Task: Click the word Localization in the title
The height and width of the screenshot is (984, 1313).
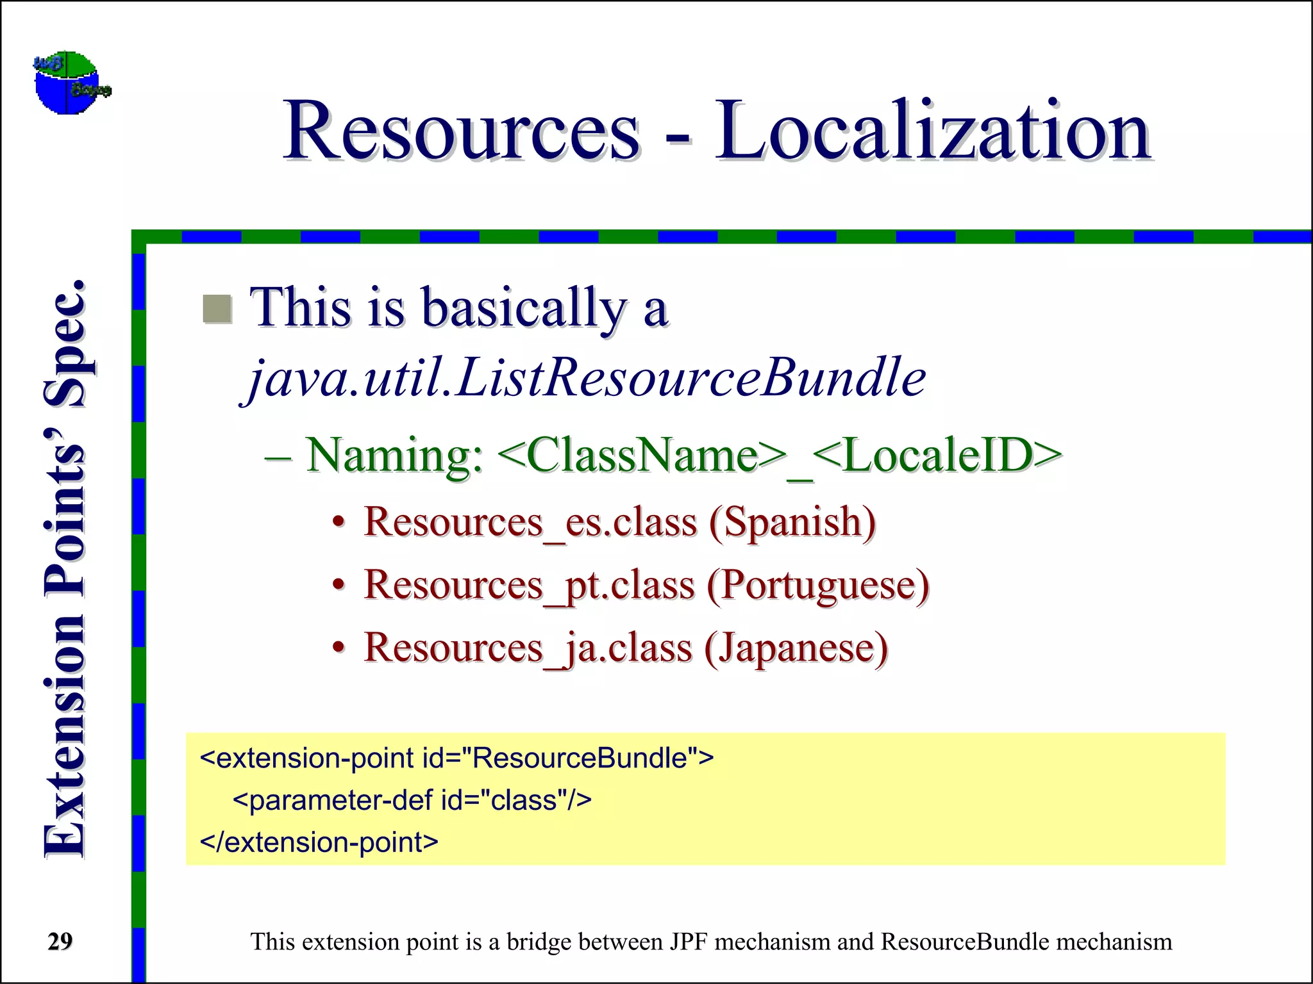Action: click(933, 131)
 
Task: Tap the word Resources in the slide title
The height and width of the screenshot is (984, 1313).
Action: click(462, 131)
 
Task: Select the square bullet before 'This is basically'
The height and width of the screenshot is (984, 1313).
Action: click(217, 309)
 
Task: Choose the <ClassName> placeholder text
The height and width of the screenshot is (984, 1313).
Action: click(641, 456)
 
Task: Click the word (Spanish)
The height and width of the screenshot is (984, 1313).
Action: click(792, 522)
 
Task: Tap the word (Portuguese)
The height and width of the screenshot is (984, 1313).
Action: click(818, 586)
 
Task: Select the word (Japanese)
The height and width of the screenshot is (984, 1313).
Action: click(796, 648)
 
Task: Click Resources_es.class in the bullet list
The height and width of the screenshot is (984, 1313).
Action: click(530, 522)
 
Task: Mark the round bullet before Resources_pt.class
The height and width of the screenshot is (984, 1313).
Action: click(339, 586)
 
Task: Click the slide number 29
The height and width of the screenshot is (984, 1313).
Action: click(60, 942)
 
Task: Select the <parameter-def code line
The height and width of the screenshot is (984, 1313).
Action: click(412, 801)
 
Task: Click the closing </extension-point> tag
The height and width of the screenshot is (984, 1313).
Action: click(319, 842)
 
